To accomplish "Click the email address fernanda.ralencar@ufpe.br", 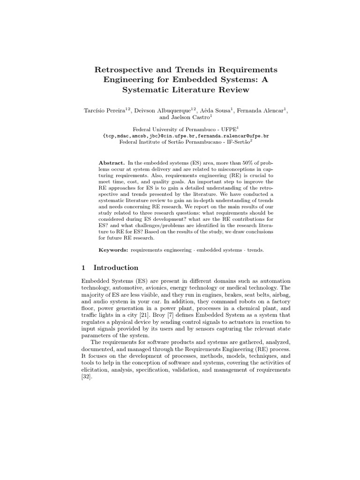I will [x=230, y=135].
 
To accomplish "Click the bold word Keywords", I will [x=113, y=250].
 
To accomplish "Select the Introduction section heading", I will [x=116, y=268].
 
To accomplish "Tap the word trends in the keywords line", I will [x=255, y=250].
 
